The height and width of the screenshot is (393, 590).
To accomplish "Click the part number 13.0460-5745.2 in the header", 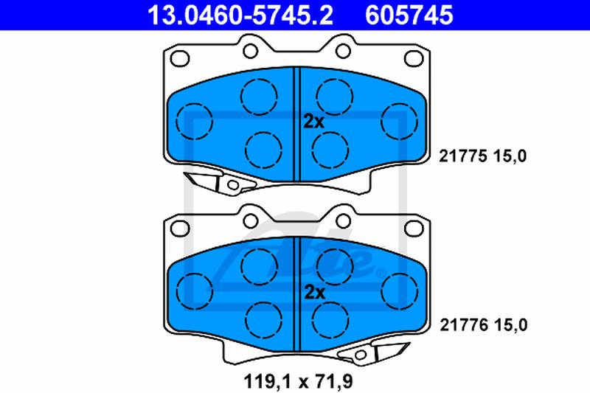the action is tap(240, 15).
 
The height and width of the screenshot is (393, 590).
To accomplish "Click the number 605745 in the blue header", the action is tap(409, 15).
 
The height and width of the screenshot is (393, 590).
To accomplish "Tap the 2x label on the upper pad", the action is tap(314, 122).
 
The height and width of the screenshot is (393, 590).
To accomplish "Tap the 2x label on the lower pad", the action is tap(314, 292).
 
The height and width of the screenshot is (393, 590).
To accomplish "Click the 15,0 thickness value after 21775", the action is tap(510, 156).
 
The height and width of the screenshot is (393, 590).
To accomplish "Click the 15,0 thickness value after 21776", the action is tap(511, 324).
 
